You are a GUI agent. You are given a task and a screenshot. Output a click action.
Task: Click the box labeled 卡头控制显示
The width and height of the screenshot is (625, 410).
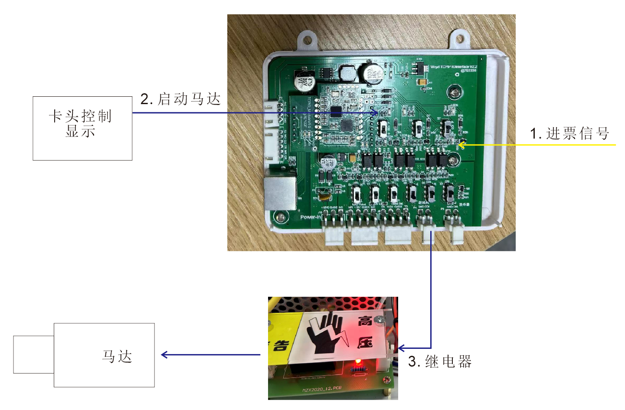pos(82,128)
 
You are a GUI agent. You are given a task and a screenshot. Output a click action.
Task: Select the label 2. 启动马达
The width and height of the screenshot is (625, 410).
pos(180,99)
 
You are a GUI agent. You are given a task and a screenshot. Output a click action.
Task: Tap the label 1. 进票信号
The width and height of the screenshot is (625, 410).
pos(569,133)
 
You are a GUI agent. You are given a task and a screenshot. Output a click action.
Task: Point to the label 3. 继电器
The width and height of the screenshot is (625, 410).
pos(440,361)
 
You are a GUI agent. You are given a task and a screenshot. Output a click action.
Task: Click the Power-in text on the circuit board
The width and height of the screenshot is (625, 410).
pos(311,217)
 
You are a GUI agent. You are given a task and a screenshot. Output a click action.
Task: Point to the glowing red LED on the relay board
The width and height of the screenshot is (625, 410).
pos(358,361)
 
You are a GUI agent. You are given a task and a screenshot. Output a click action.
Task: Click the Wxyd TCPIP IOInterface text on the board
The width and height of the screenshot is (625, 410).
pos(453,67)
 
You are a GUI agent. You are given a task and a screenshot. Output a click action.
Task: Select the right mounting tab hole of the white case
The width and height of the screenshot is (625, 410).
pos(459,38)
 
